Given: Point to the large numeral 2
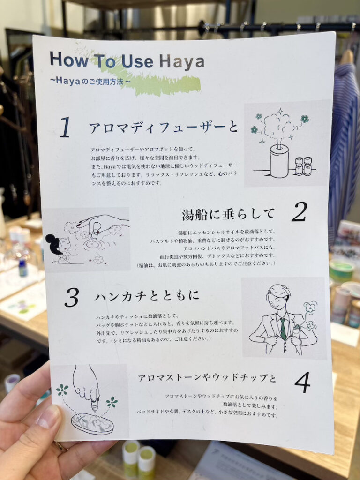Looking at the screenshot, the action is coord(299,212).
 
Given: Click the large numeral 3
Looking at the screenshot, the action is coord(72,298).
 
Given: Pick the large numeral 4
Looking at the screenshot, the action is coord(302,382).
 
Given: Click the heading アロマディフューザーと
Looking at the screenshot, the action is coord(163,127).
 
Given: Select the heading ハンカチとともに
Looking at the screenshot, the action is coord(147,296).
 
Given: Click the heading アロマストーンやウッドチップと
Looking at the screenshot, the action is coord(207,378).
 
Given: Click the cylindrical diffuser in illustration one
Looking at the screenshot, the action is coord(279,160).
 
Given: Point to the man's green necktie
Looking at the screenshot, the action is coord(283,329).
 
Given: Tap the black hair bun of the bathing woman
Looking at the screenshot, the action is coord(53,244).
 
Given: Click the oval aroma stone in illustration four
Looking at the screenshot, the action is coord(92,423).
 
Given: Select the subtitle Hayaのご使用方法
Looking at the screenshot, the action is coord(90,81).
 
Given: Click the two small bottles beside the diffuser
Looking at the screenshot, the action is coord(303,166).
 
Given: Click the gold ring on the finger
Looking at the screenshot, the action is coord(61,446).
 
